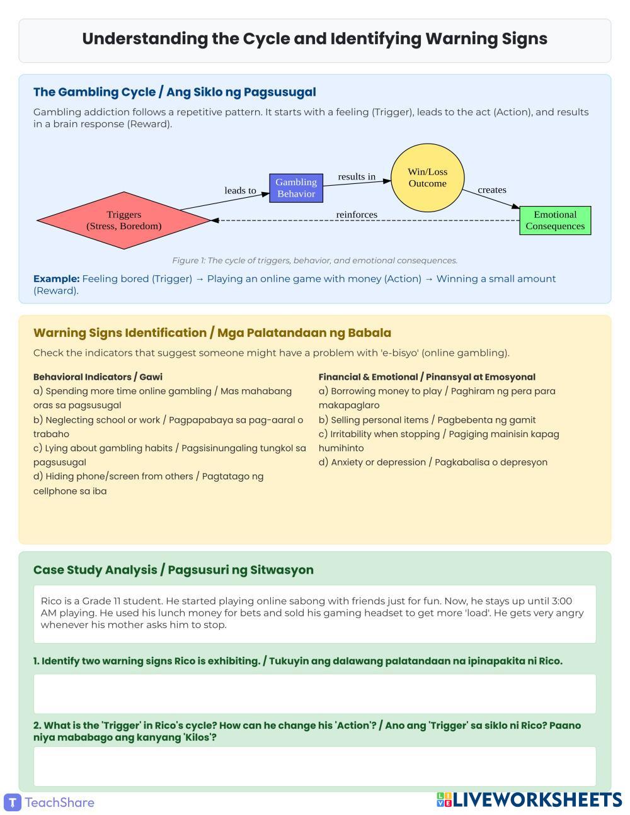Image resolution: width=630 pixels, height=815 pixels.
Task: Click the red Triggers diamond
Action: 124,220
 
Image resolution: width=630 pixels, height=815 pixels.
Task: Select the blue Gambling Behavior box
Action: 296,188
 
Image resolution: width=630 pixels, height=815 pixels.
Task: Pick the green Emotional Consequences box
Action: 555,220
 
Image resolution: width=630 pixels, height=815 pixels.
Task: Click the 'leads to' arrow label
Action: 240,190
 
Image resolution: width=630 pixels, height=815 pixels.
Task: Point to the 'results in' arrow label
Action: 357,176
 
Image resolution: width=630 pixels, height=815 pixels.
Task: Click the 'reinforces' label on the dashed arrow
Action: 357,215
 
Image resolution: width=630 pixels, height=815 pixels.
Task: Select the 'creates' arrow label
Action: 492,190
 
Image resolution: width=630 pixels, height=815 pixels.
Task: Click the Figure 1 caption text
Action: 314,260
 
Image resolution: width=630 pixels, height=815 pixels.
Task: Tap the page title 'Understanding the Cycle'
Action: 314,39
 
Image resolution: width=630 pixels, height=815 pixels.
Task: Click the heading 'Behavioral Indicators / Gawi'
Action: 98,377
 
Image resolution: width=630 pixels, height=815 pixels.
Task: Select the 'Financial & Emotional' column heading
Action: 427,377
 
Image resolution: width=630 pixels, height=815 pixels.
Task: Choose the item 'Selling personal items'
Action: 427,419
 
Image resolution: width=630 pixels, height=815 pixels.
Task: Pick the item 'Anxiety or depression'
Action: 433,462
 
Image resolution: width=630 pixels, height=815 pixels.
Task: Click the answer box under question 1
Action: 314,693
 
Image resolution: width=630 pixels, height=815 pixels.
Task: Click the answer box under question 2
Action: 314,766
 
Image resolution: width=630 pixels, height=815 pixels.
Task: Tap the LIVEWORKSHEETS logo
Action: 529,800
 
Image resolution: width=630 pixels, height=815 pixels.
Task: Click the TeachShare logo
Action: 50,802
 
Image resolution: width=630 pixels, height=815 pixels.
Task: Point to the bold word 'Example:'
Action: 56,278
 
